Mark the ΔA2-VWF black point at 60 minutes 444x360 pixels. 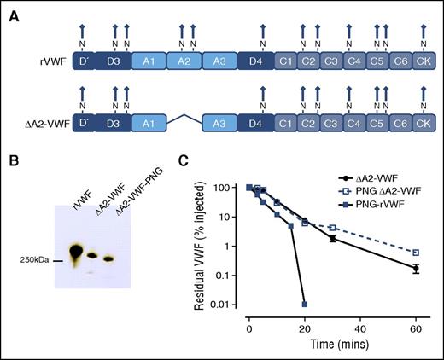[x=415, y=269]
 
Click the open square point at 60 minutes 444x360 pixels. [x=415, y=253]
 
